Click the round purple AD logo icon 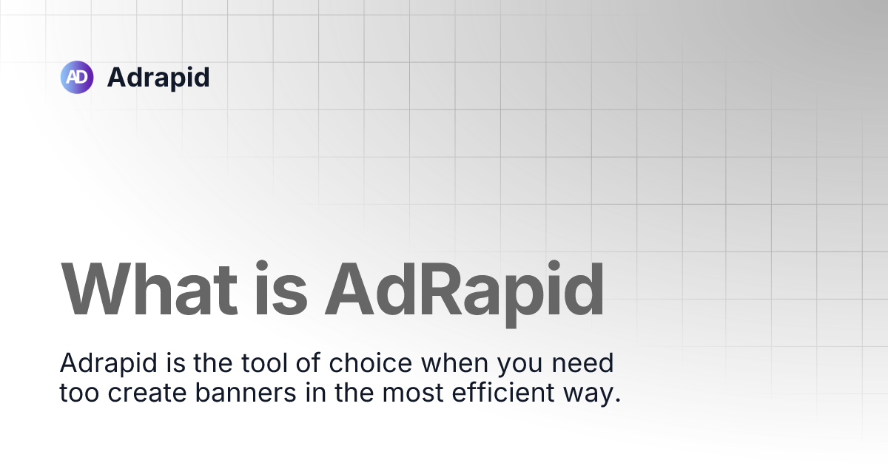77,77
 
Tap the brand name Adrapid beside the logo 158,78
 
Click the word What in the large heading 149,289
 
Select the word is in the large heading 280,289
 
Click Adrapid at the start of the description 108,363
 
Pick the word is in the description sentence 175,362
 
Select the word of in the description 308,362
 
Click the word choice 371,362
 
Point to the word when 454,362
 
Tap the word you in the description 519,365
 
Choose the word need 583,362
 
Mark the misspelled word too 79,393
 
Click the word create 147,393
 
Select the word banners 246,392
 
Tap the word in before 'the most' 315,392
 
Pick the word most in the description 413,393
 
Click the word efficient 503,392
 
